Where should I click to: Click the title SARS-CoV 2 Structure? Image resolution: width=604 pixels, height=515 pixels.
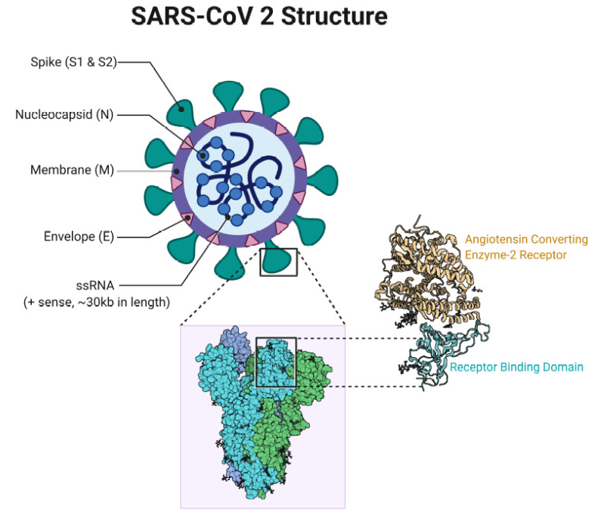click(x=259, y=16)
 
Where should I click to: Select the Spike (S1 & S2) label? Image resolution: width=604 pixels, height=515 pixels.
click(x=73, y=62)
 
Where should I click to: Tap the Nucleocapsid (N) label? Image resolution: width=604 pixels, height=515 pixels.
click(x=64, y=114)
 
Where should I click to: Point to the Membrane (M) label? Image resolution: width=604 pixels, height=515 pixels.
click(x=72, y=170)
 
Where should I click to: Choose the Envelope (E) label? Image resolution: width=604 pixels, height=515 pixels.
click(x=79, y=236)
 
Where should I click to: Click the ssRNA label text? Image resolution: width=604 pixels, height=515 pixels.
click(x=95, y=286)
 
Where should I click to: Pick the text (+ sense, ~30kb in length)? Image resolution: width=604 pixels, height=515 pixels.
click(x=97, y=302)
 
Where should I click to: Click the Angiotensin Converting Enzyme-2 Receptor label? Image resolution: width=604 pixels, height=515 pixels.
click(x=526, y=247)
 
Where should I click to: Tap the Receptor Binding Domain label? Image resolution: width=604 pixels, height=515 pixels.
click(x=516, y=367)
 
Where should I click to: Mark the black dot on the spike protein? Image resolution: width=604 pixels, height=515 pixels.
click(x=181, y=109)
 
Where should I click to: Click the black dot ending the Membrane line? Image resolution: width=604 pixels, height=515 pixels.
click(x=176, y=171)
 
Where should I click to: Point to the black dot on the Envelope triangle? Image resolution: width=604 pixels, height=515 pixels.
click(x=187, y=218)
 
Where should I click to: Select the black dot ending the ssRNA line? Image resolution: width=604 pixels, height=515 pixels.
click(x=228, y=217)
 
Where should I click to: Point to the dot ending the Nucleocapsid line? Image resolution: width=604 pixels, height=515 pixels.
click(x=203, y=156)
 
